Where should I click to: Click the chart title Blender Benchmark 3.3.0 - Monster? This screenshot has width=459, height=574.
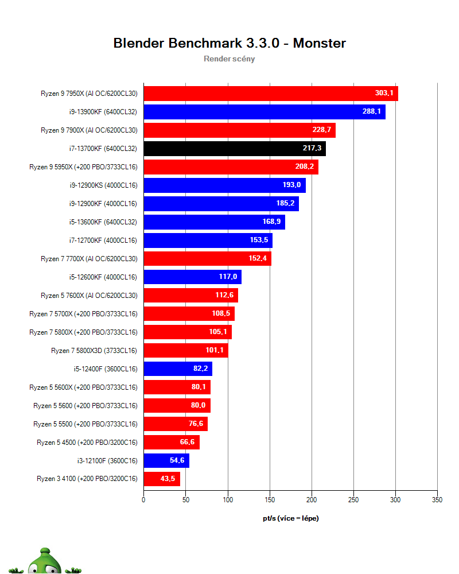coord(229,43)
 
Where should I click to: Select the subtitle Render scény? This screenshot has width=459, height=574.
coord(229,59)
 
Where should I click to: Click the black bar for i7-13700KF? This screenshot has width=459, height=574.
coord(235,149)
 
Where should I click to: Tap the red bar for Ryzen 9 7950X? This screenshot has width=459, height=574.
coord(271,94)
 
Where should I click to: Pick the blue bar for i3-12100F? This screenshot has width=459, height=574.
coord(166,460)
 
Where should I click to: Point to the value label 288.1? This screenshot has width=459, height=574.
coord(372,111)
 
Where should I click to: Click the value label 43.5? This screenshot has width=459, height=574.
coord(168,479)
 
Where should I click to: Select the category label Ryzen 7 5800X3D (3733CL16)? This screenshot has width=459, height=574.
coord(94,351)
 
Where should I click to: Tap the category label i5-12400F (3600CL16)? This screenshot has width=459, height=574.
coord(106,369)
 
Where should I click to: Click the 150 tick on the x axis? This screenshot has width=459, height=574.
coord(270,500)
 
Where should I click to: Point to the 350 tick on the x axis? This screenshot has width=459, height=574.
coord(437,500)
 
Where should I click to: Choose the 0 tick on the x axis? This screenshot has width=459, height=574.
coord(143,500)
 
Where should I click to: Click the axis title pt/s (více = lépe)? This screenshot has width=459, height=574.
coord(291,518)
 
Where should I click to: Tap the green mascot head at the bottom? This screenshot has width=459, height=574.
coord(45,562)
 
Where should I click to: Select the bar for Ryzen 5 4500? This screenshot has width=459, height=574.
coord(172,442)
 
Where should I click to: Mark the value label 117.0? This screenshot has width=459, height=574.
coord(228,277)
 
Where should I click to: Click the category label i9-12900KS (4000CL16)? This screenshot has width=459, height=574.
coord(104,185)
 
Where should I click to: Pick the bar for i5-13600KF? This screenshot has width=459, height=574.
coord(215,222)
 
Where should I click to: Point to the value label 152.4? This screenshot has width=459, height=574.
coord(258,258)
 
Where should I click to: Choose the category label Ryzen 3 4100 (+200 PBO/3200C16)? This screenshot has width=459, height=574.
coord(87,479)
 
